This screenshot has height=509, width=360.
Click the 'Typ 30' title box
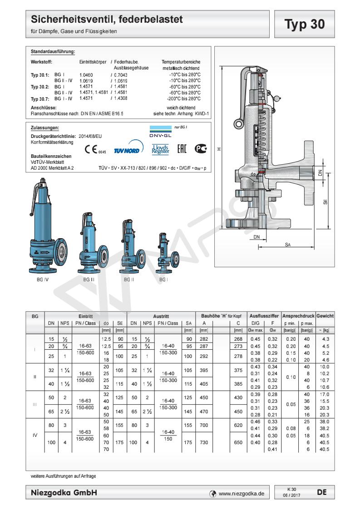coord(305,24)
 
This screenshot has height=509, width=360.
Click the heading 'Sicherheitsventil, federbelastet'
coord(107,20)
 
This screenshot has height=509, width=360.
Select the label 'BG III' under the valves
coord(89,280)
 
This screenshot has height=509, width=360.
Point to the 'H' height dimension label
coord(219,148)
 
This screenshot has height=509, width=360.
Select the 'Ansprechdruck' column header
coord(298,315)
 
